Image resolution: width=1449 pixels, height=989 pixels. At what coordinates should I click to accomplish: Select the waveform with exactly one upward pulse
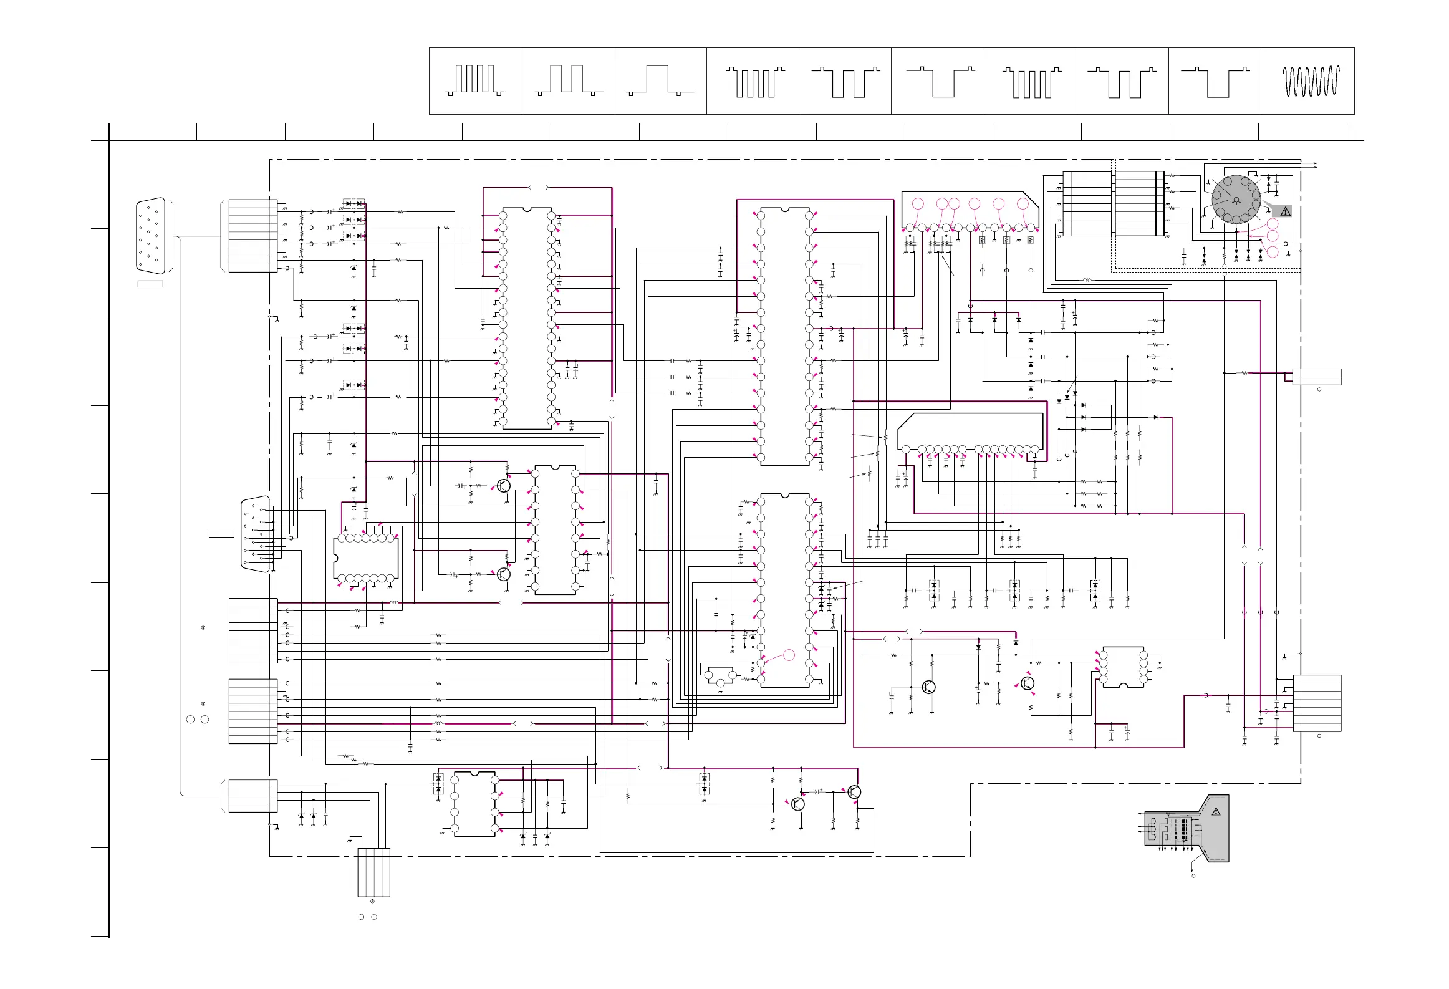[x=660, y=81]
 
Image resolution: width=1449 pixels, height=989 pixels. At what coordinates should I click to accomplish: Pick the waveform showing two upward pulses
[x=568, y=81]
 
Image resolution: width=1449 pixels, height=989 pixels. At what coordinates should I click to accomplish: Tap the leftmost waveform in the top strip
[x=475, y=81]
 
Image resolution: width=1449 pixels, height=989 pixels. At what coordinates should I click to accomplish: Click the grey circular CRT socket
[x=1236, y=199]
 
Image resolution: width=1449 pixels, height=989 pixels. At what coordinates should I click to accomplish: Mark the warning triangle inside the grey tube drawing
[x=1215, y=812]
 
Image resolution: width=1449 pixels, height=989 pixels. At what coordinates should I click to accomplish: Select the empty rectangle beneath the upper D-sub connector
[x=150, y=284]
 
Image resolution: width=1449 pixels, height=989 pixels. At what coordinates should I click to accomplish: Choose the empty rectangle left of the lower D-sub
[x=221, y=534]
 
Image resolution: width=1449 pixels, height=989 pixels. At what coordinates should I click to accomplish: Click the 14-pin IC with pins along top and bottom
[x=366, y=558]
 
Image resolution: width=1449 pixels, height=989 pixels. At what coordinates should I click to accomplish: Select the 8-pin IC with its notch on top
[x=474, y=804]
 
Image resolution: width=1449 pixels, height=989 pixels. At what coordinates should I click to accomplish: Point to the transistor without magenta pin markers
[x=928, y=687]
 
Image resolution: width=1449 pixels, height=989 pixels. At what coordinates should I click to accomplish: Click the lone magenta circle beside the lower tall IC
[x=789, y=655]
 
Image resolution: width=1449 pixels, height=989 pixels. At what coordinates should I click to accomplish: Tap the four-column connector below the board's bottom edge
[x=373, y=872]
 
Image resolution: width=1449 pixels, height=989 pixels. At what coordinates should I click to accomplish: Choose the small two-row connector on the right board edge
[x=1317, y=377]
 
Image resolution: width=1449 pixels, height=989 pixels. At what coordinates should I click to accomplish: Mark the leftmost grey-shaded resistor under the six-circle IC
[x=982, y=240]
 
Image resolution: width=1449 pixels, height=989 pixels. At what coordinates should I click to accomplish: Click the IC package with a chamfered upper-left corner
[x=970, y=432]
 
